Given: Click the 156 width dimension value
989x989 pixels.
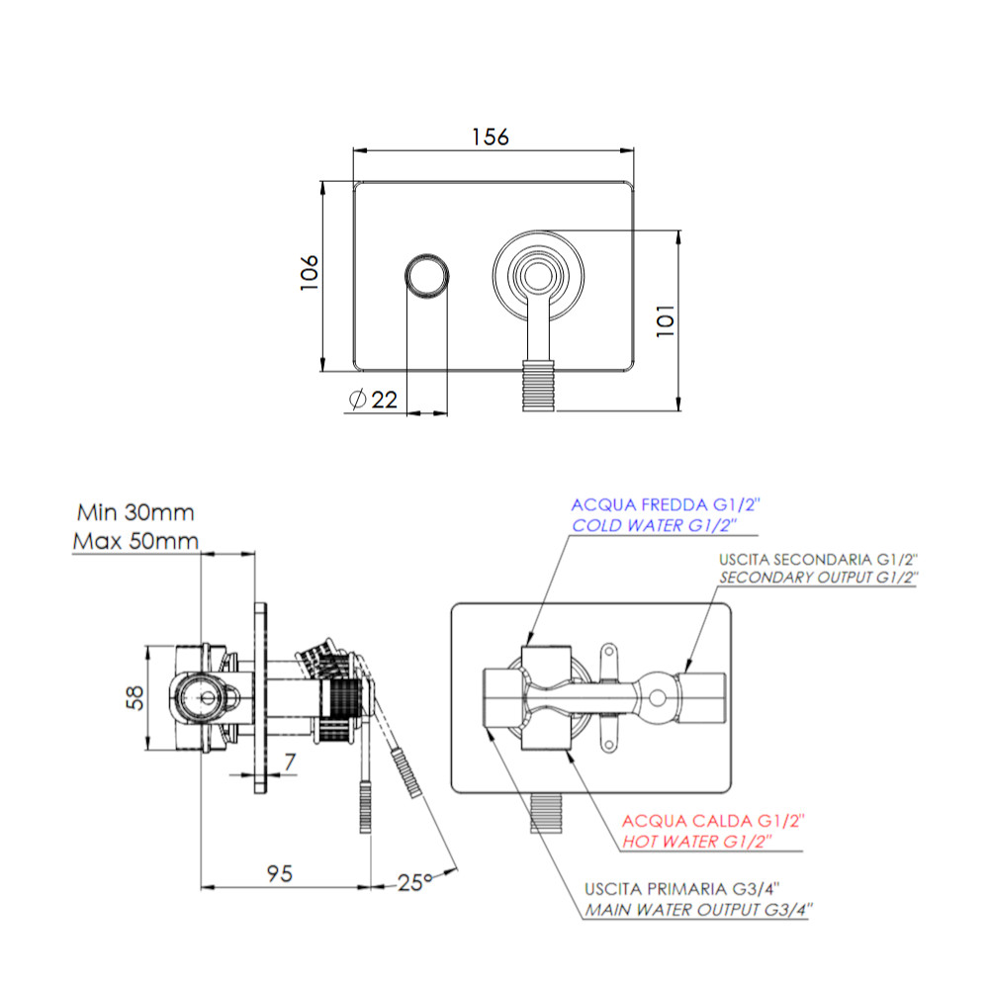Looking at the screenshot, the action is tap(491, 136).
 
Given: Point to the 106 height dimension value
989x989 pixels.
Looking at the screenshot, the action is tap(309, 273).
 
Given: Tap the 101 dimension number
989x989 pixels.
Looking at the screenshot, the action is tap(666, 320).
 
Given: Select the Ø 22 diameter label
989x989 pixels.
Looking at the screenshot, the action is tap(373, 400).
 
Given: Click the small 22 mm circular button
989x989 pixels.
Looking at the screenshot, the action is tap(427, 277).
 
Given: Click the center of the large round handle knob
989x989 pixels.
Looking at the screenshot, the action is tap(538, 276).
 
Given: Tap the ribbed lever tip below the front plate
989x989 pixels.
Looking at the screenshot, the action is tap(538, 386).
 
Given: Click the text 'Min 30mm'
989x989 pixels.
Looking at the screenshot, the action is tap(135, 512).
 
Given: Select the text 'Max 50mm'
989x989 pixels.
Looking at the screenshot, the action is tap(135, 541).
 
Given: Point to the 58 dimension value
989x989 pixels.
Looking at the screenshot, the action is tap(135, 698).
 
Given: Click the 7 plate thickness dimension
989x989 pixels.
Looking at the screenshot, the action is tap(290, 762).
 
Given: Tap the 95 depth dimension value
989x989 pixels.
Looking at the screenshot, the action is tap(280, 873).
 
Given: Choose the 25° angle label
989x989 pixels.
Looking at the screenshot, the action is tap(414, 882).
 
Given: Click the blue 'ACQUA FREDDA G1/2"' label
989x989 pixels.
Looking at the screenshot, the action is tap(666, 504).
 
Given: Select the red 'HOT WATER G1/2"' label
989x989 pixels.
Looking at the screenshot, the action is tap(697, 842).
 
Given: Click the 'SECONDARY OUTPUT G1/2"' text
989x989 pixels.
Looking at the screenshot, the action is tap(819, 578).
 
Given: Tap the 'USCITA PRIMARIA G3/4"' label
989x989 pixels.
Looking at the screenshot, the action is tap(681, 889).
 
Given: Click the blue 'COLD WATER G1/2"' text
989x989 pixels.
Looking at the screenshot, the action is tap(654, 525).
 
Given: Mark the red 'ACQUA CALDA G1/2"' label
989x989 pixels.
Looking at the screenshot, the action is tap(713, 821).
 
